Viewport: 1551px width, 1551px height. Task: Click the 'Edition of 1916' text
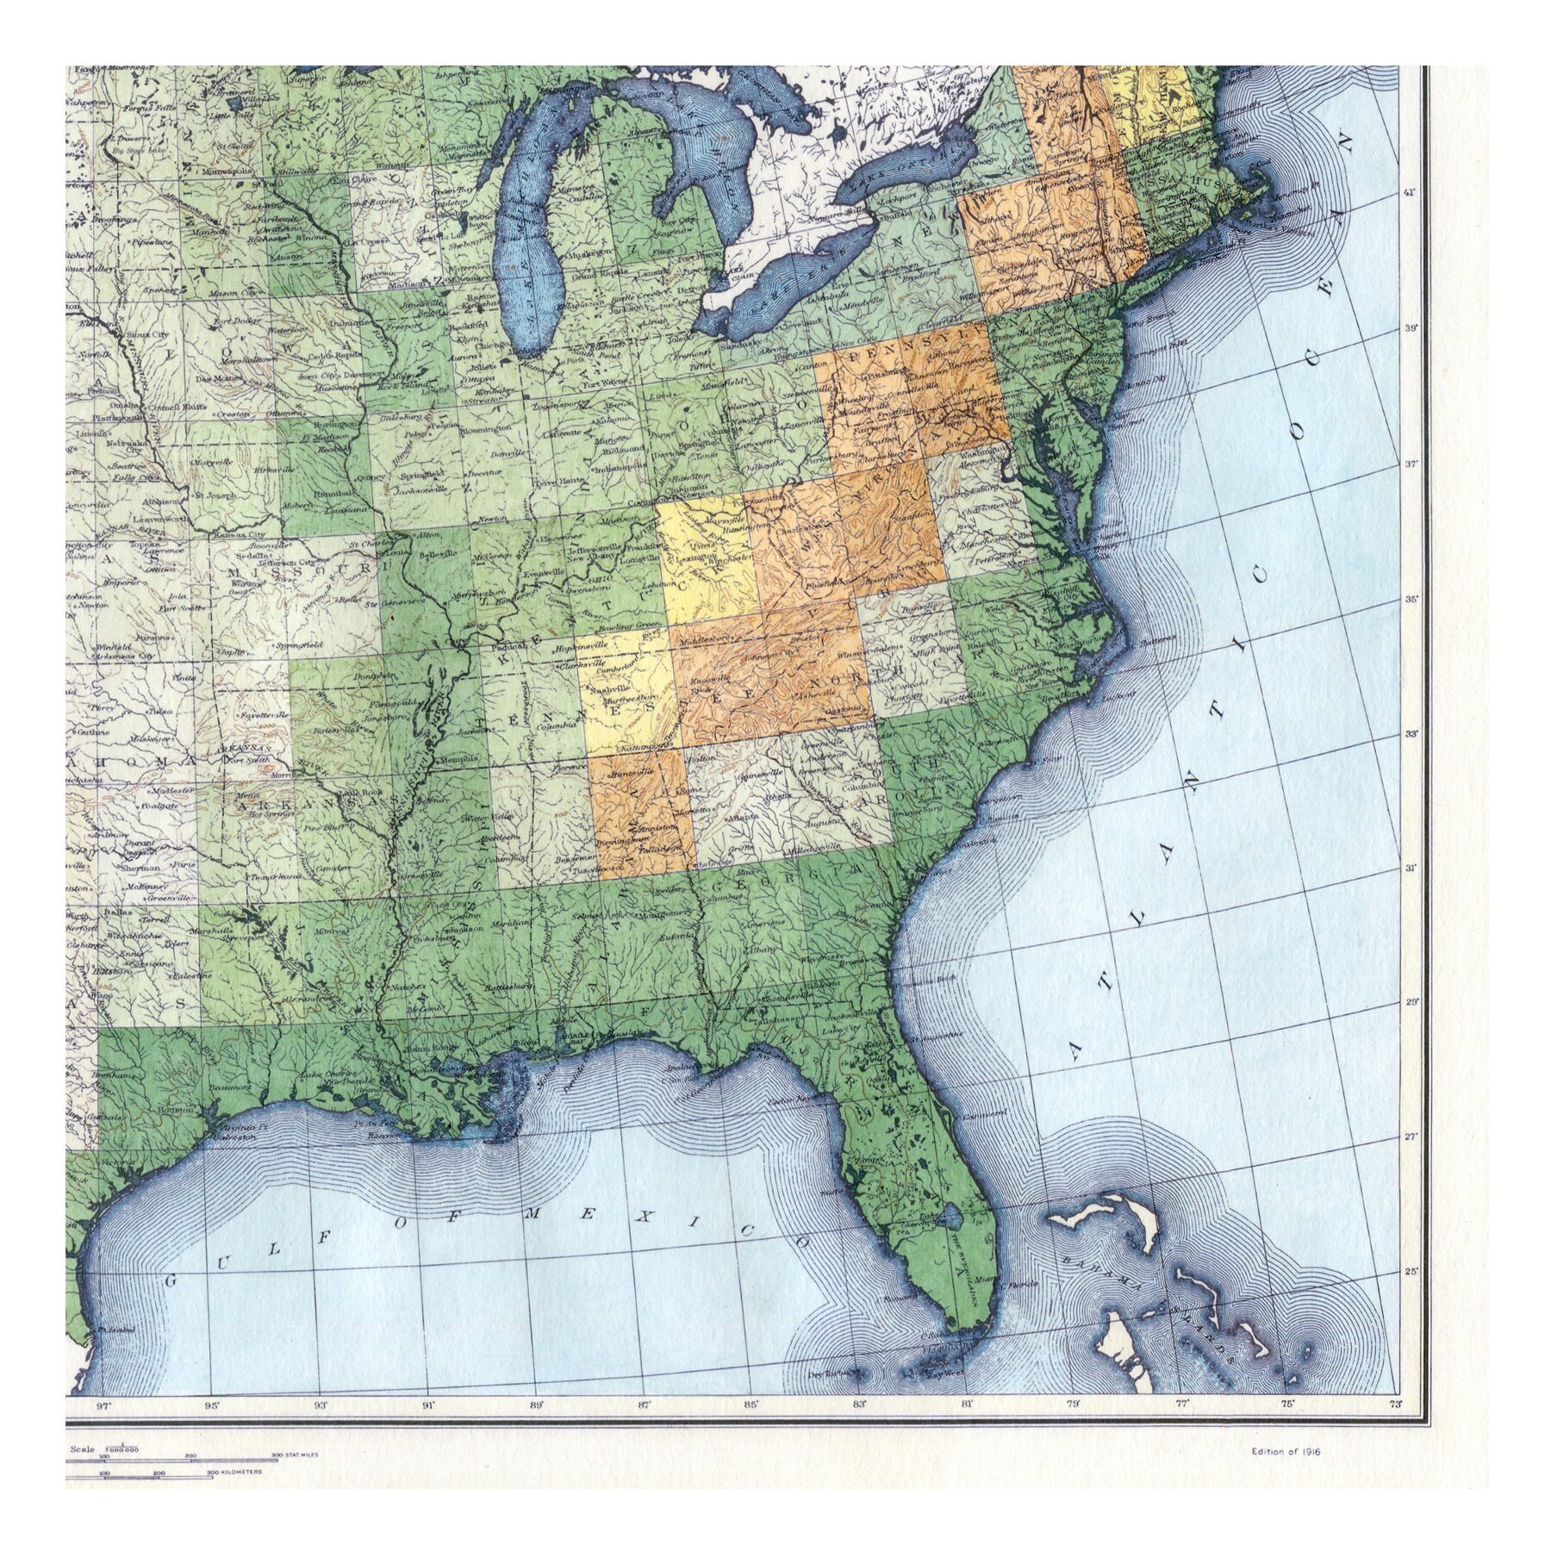1286,1451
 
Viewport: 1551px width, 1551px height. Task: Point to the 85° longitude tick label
751,1405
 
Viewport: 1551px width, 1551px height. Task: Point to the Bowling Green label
638,624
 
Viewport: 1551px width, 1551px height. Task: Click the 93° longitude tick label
321,1405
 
